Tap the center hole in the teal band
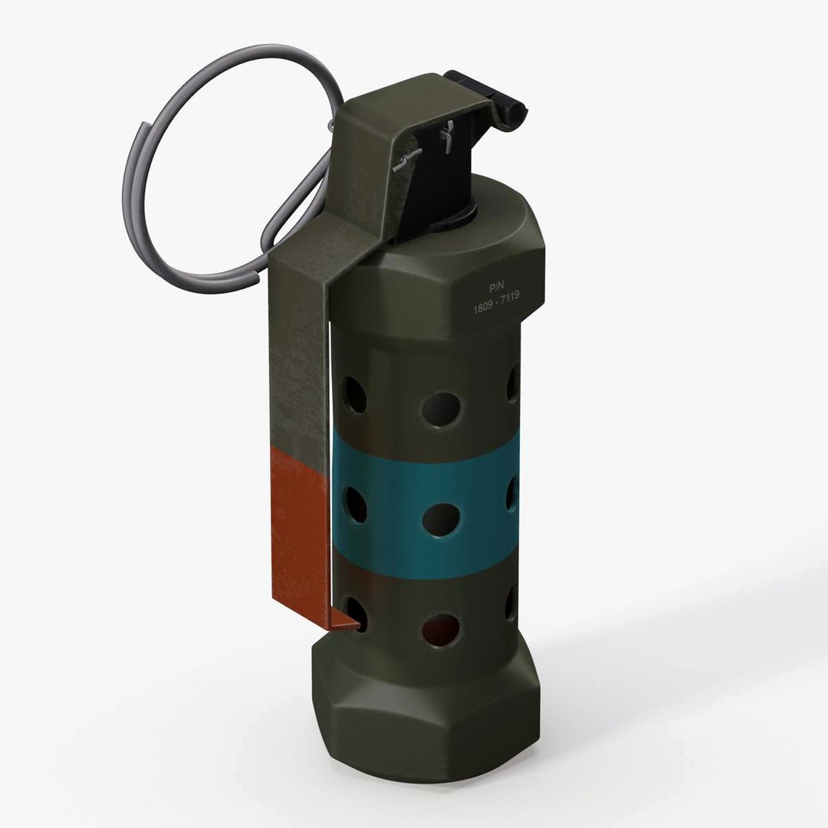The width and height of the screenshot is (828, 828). click(x=441, y=519)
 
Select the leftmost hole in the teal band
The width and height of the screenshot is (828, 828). click(x=355, y=504)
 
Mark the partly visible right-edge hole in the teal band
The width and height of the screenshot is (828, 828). click(x=512, y=495)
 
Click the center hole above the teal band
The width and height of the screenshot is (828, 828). click(x=441, y=409)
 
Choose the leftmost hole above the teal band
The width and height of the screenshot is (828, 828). click(x=354, y=395)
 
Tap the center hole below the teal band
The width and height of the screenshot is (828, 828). click(x=441, y=629)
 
